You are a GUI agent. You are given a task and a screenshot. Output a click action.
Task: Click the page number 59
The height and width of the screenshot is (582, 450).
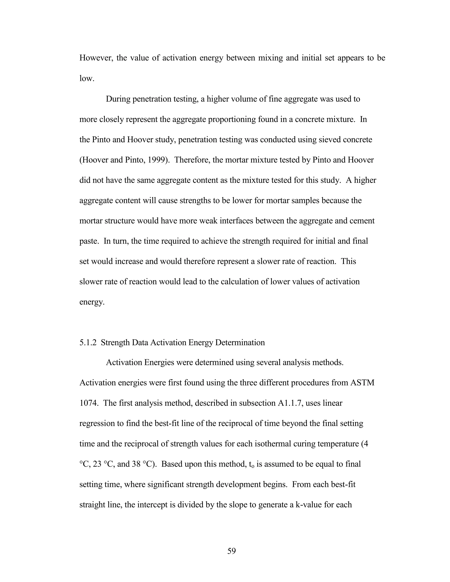click(x=231, y=551)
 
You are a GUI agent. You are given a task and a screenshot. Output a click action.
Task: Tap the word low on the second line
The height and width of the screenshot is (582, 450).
click(x=86, y=78)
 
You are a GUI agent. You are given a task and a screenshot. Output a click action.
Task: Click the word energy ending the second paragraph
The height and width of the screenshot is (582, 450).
click(x=92, y=302)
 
